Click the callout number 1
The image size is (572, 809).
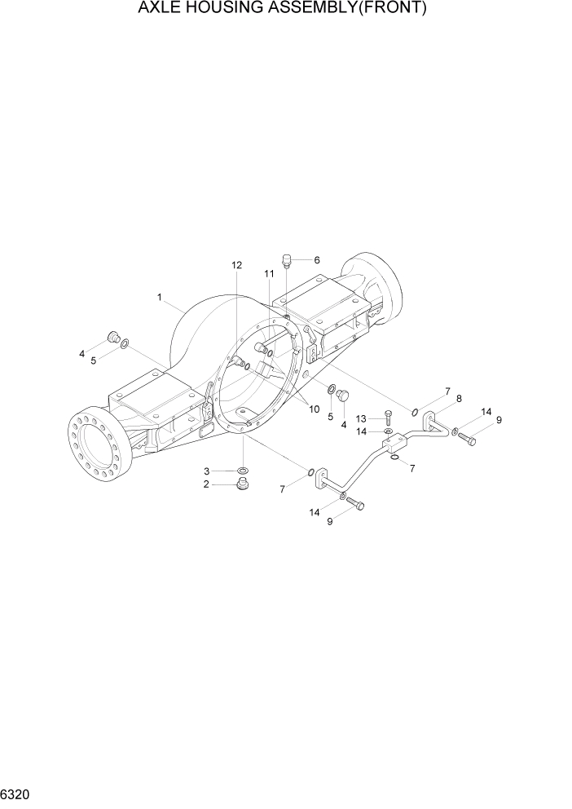161,298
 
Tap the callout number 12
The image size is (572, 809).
236,266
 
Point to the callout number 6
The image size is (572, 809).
316,261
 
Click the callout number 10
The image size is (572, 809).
313,409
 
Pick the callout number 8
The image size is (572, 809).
459,398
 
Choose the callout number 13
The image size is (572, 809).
361,418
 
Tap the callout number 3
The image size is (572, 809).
207,471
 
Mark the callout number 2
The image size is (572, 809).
207,484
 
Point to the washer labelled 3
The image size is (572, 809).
243,471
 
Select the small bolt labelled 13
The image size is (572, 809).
388,418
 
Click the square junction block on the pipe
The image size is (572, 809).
397,445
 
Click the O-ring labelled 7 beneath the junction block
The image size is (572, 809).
395,458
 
